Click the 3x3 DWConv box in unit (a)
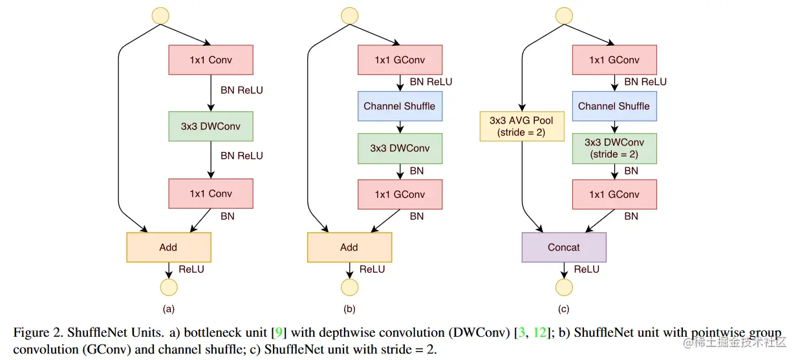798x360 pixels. [x=211, y=127]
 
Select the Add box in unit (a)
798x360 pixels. [x=168, y=247]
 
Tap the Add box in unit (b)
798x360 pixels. [x=349, y=247]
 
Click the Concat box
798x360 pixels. [x=564, y=247]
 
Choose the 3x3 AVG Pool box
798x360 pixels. [x=522, y=126]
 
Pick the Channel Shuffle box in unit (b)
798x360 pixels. [x=400, y=106]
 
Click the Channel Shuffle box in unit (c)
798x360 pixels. [x=614, y=106]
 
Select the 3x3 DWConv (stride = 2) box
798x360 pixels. [x=614, y=148]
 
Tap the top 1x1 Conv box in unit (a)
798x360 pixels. [x=211, y=60]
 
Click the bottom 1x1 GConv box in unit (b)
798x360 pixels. [x=400, y=194]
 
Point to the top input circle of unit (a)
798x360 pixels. [x=160, y=16]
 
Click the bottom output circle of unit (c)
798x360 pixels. [x=564, y=288]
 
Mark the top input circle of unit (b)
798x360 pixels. [x=349, y=16]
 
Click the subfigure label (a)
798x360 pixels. [x=168, y=309]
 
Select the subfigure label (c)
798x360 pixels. [x=564, y=309]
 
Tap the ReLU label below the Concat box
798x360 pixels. [x=587, y=270]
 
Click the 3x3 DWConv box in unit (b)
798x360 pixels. [x=400, y=149]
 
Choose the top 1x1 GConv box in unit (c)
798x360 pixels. [x=614, y=60]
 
